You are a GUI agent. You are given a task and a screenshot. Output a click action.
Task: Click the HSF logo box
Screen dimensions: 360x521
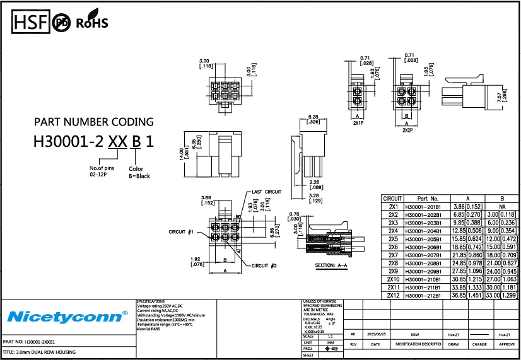[31, 22]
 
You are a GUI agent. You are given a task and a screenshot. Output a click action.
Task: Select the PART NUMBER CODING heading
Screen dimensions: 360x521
[93, 122]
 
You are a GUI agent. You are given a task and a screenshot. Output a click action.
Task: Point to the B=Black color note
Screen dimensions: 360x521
[139, 176]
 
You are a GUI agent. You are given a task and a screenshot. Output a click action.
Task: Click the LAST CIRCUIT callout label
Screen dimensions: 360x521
[266, 191]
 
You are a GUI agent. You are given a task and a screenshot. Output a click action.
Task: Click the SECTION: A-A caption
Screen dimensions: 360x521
[331, 265]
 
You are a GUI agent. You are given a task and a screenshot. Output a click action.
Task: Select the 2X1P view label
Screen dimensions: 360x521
[358, 124]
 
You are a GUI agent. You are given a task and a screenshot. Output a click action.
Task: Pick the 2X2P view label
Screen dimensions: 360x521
[407, 129]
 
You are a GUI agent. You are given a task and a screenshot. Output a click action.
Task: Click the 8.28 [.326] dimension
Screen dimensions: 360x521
[313, 119]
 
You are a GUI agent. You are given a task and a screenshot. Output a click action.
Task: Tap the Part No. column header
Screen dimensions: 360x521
[423, 198]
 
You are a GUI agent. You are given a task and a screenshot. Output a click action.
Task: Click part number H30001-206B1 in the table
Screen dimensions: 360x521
[423, 247]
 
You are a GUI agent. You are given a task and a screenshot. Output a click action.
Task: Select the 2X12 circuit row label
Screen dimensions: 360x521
[393, 296]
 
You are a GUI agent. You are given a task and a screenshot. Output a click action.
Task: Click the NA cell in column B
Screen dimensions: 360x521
[502, 206]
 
